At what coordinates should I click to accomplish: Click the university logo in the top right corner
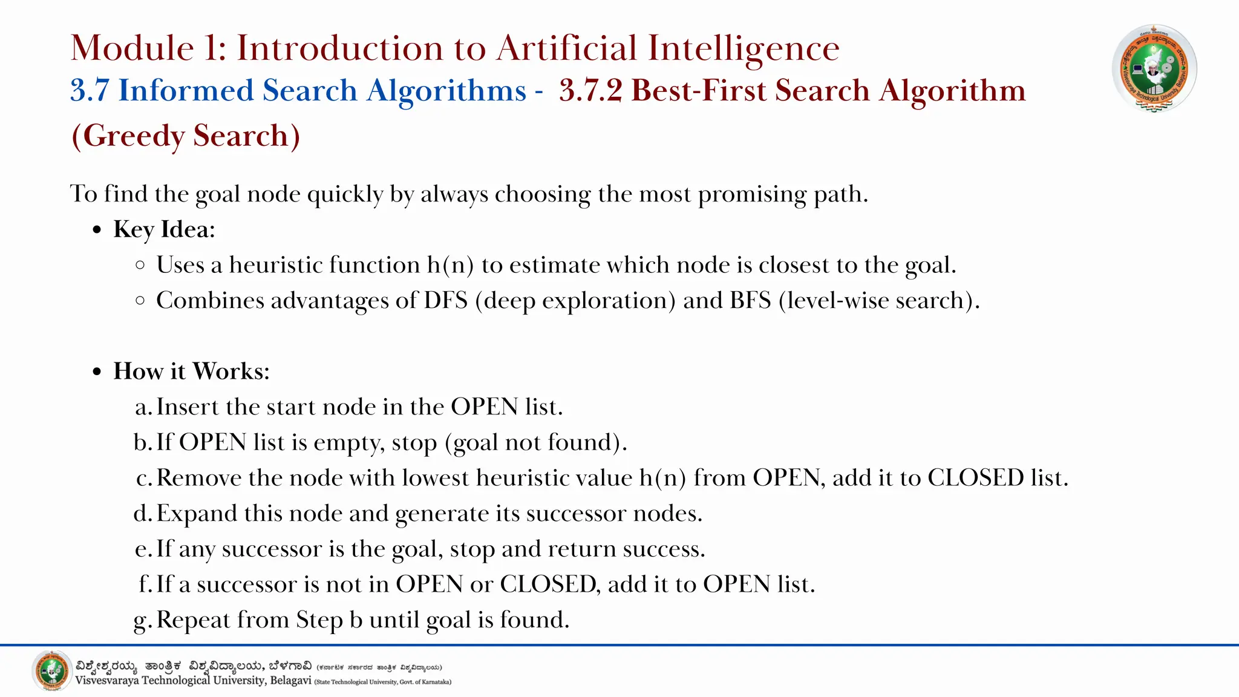tap(1154, 68)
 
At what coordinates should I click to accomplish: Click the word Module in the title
tap(132, 48)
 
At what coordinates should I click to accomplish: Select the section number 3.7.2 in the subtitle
tap(590, 91)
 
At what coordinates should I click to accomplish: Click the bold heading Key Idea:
tap(164, 229)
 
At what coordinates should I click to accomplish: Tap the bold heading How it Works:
tap(191, 371)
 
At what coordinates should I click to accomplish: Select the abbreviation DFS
tap(445, 301)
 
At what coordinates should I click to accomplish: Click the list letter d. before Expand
tap(143, 514)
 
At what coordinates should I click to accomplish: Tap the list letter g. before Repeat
tap(143, 620)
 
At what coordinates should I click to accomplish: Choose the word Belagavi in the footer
tap(290, 681)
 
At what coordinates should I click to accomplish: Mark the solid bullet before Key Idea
tap(97, 231)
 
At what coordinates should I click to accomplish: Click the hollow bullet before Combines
tap(140, 300)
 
